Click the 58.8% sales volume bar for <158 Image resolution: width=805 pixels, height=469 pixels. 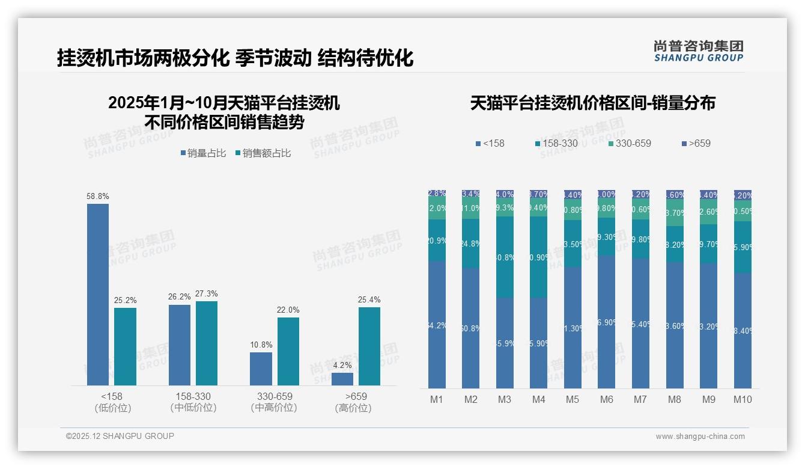click(x=98, y=295)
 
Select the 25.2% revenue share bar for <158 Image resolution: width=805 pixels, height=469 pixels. click(x=125, y=346)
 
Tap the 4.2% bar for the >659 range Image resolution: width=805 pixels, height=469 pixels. click(x=342, y=379)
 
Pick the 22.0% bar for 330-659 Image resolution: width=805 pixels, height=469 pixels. click(x=288, y=351)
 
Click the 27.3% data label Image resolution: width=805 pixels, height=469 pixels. click(x=207, y=294)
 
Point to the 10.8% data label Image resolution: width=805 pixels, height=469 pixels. click(x=261, y=345)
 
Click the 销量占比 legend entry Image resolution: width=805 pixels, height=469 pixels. click(x=203, y=153)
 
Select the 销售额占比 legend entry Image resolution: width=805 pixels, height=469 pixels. click(x=263, y=153)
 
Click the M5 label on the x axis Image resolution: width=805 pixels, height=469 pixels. click(x=573, y=399)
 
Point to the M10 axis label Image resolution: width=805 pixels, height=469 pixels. click(x=743, y=399)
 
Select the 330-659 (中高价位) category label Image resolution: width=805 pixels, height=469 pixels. click(x=275, y=402)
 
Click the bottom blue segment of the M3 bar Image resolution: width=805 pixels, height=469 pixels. click(x=505, y=343)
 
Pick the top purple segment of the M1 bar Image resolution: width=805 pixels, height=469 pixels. click(x=437, y=193)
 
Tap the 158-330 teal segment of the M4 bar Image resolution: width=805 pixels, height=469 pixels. click(x=539, y=257)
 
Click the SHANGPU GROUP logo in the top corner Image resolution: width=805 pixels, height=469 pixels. click(x=698, y=51)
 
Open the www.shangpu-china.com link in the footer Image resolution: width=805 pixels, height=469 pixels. click(x=700, y=437)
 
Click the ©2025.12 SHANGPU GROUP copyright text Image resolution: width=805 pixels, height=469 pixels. click(x=120, y=436)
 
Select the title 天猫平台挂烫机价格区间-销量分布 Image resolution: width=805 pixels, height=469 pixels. click(x=592, y=103)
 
